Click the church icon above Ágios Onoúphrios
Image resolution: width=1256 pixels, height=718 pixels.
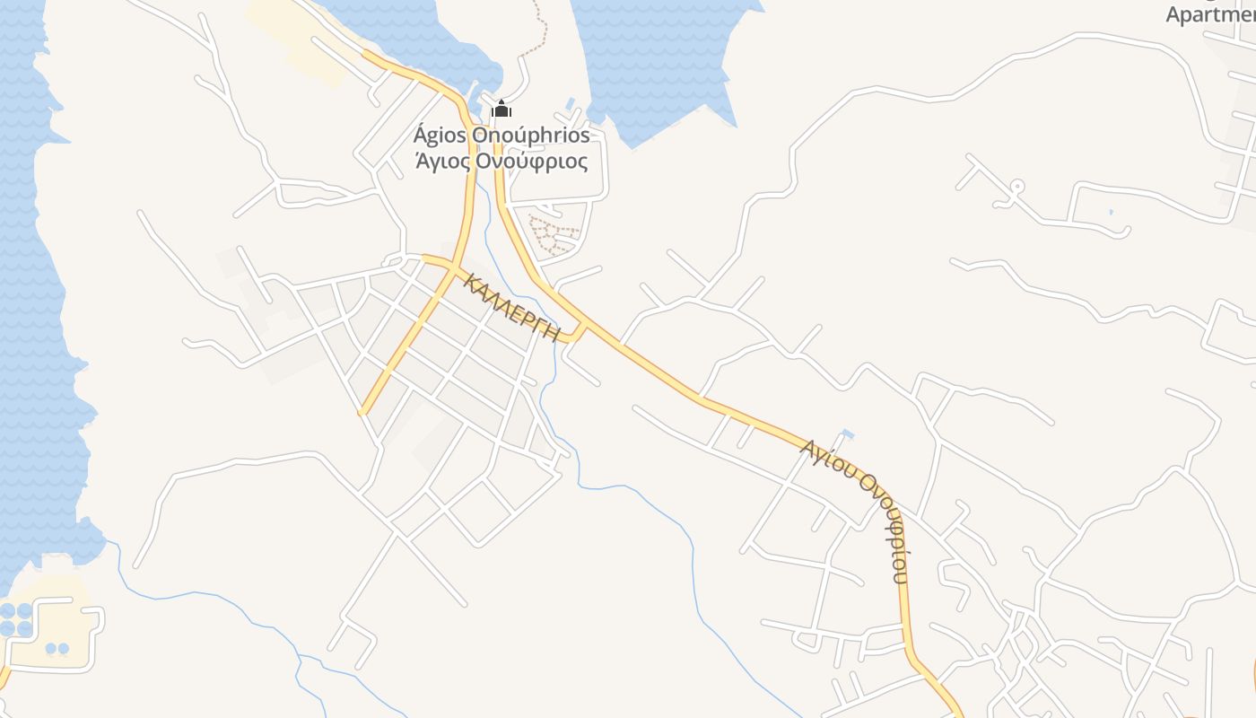pos(502,109)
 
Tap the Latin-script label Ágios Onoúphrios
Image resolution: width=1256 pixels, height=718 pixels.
pos(502,136)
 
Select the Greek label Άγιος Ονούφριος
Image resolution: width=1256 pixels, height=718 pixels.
pos(502,162)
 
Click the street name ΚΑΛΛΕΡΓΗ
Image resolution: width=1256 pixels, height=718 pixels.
pos(512,308)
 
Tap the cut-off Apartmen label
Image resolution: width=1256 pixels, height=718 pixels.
pos(1210,14)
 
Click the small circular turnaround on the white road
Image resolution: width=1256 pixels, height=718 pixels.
pos(1016,187)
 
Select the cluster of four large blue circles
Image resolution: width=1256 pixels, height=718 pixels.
pos(16,619)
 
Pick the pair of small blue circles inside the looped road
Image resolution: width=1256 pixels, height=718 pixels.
pos(57,648)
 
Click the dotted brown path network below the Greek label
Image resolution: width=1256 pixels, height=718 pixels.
pos(553,235)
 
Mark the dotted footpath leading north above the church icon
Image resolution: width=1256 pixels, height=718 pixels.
pos(536,31)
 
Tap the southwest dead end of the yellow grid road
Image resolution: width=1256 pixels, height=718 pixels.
pos(362,413)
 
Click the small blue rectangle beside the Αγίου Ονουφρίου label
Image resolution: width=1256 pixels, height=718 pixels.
pos(848,435)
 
